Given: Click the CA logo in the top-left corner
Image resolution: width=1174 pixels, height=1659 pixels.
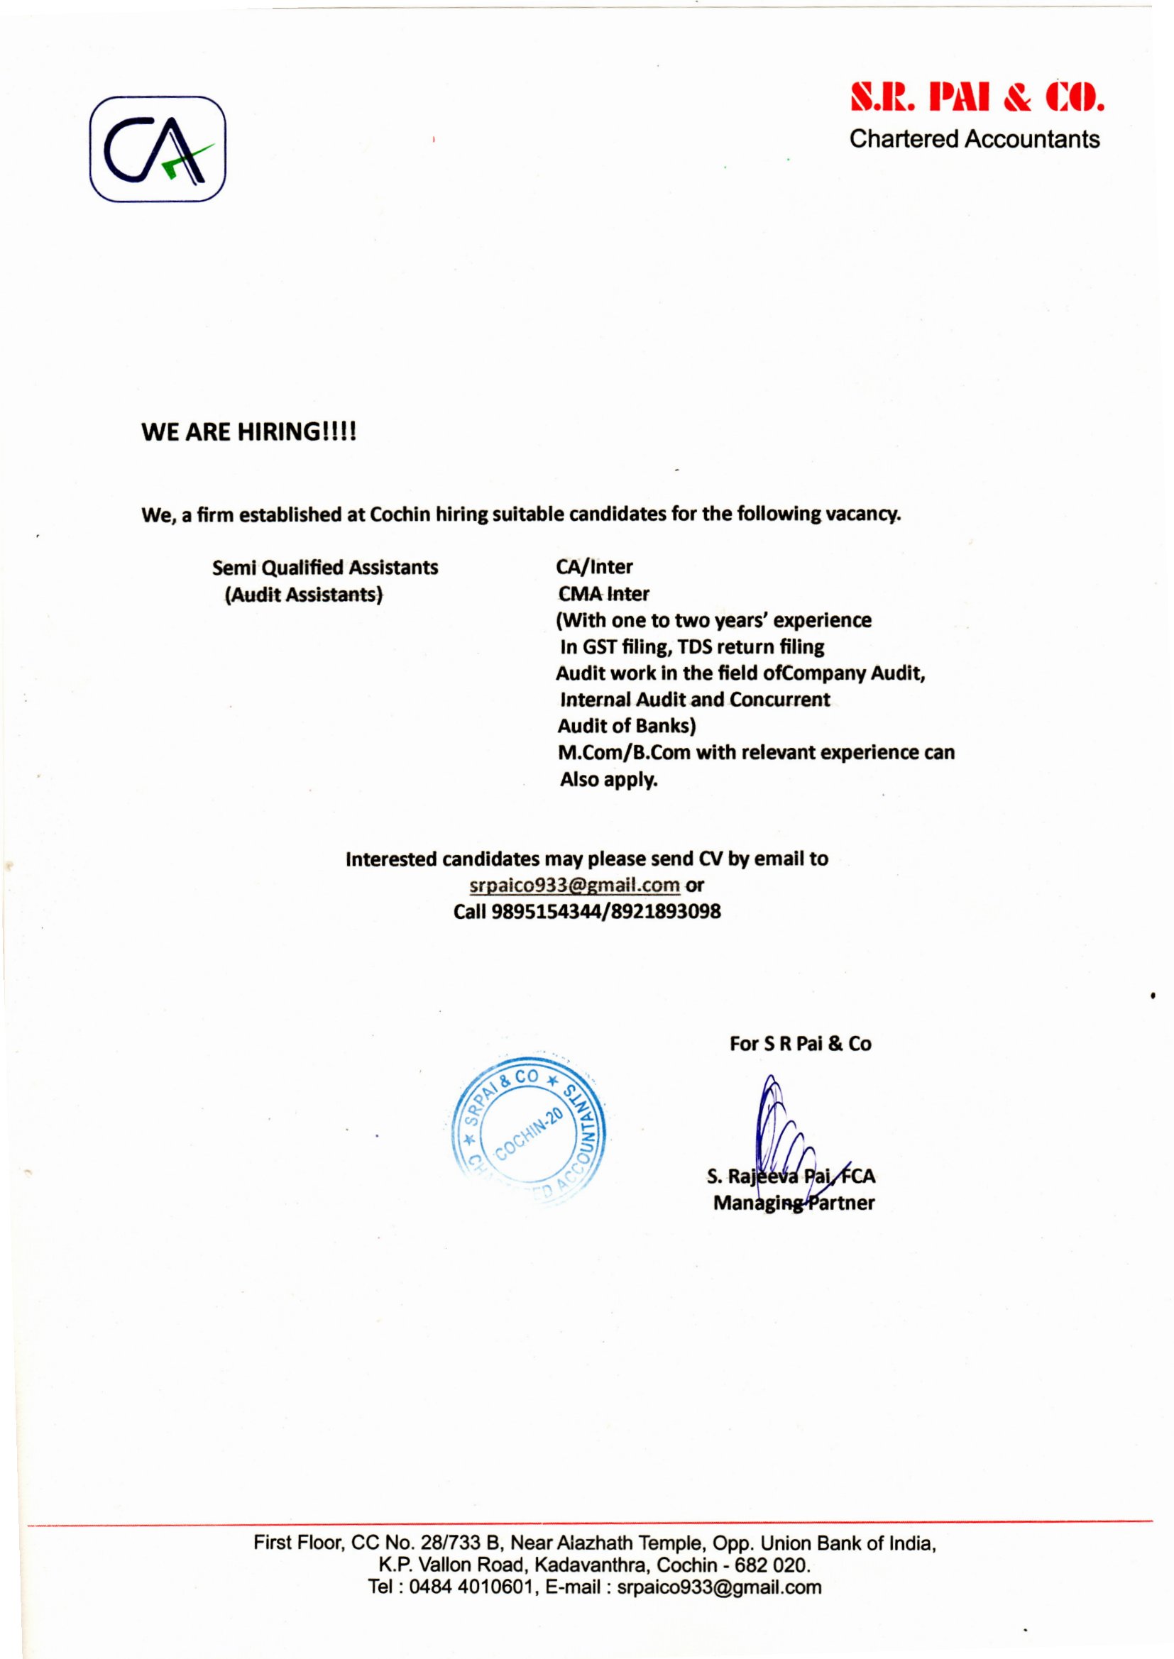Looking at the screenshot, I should tap(158, 149).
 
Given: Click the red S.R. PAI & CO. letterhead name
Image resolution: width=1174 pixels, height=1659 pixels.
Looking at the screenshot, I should tap(977, 100).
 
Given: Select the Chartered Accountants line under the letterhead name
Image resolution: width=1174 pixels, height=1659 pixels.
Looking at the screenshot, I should tap(975, 139).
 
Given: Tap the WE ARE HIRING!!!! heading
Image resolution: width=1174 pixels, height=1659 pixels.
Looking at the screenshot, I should tap(248, 432).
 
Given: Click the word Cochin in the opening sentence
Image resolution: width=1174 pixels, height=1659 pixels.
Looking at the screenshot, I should tap(400, 515).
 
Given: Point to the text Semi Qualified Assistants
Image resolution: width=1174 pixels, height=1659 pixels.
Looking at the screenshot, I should tap(325, 567).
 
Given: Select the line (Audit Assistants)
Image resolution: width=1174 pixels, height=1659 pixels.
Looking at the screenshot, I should tap(304, 594).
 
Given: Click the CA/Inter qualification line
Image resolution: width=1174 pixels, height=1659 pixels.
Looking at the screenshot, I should tap(594, 567).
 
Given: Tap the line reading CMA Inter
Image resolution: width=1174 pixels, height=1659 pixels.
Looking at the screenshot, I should tap(603, 594).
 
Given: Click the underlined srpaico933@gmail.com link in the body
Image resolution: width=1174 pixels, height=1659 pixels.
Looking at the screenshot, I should tap(575, 884).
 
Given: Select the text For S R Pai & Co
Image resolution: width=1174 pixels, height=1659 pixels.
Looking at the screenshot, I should tap(800, 1043).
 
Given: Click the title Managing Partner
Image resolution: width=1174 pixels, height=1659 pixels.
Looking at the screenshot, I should tap(793, 1203).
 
